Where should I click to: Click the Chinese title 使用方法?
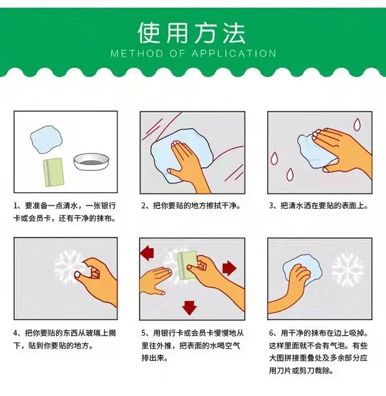point(192,33)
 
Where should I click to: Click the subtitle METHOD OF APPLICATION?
point(193,53)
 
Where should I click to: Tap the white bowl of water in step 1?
point(92,162)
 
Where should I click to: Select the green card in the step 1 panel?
point(54,172)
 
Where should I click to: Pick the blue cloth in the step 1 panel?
point(46,139)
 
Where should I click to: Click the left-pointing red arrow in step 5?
point(148,253)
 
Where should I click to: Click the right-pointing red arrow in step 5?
point(230,268)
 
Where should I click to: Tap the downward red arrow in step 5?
point(189,308)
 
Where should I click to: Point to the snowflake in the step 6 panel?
point(347,270)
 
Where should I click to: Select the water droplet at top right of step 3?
point(357,124)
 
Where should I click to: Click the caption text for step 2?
point(191,206)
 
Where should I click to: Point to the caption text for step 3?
point(319,206)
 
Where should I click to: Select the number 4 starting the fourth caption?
point(16,333)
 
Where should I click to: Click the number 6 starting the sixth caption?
point(271,333)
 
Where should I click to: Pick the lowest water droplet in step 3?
point(290,174)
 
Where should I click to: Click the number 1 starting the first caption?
point(16,206)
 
